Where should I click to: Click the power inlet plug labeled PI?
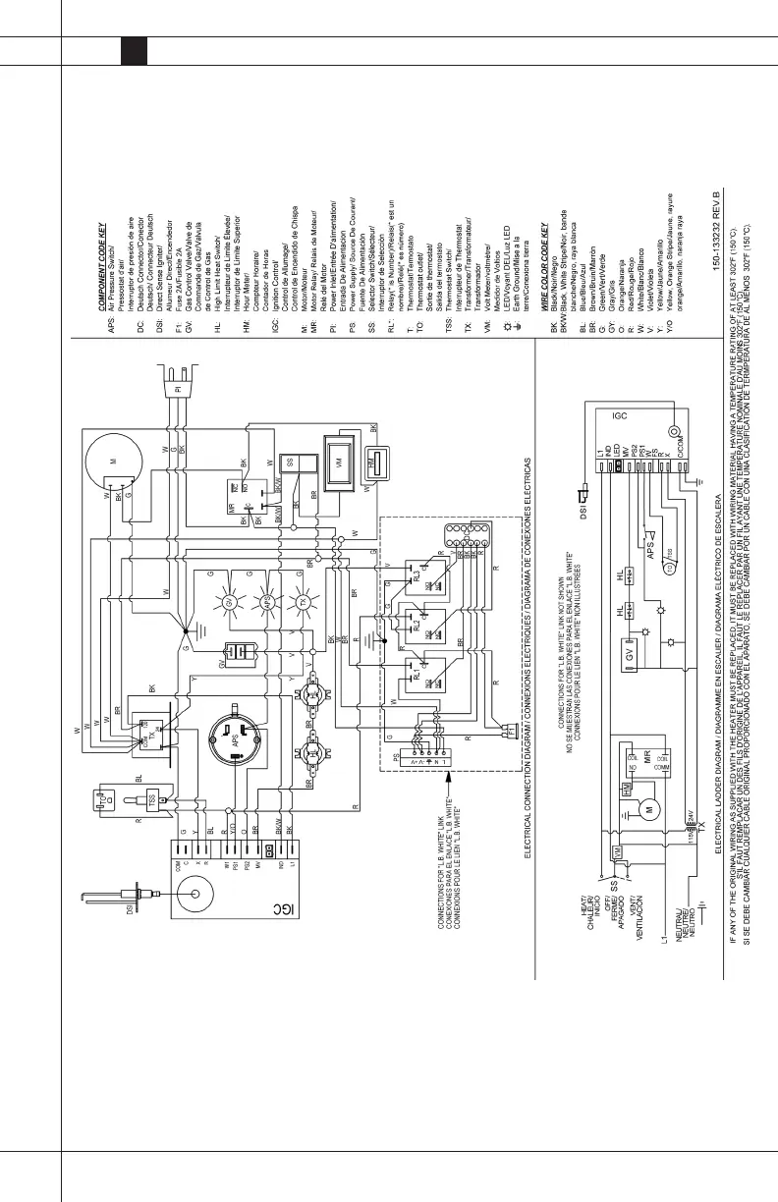click(x=177, y=389)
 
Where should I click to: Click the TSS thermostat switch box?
click(x=154, y=800)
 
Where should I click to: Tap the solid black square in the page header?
click(x=135, y=52)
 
